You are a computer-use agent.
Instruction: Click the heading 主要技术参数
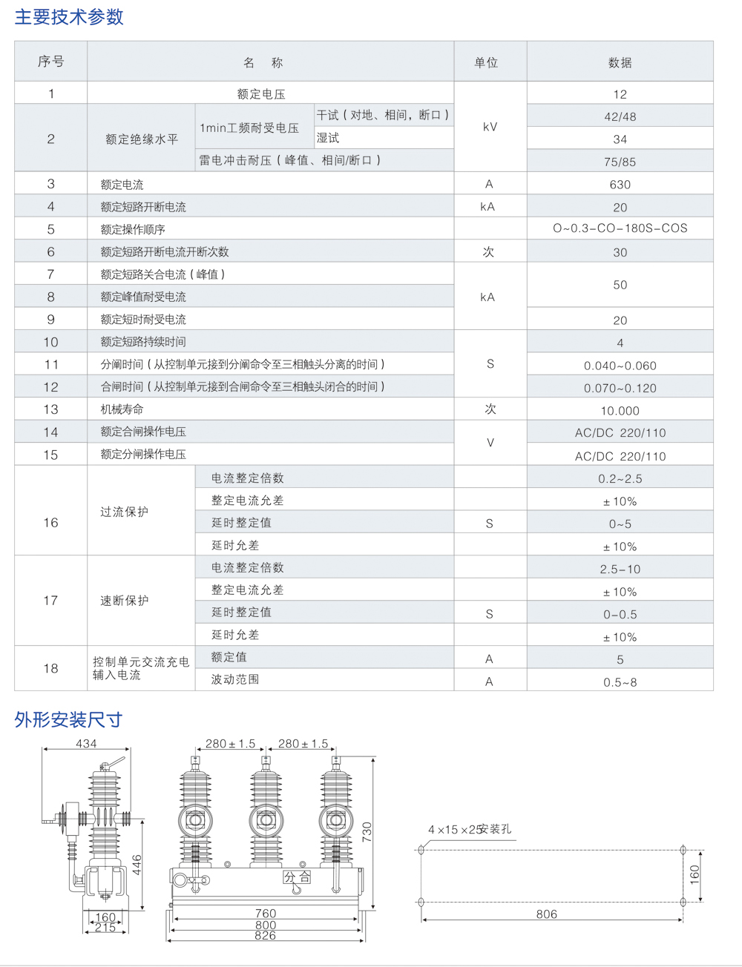pos(69,17)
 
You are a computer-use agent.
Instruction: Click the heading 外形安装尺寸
pos(68,719)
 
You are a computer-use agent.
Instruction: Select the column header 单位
pos(487,63)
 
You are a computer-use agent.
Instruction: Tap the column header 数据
pos(620,63)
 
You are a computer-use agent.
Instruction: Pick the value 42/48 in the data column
pos(620,116)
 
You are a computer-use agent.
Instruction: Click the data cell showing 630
pos(620,185)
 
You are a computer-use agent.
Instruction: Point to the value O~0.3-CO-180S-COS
pos(620,228)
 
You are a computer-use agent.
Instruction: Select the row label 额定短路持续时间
pos(143,342)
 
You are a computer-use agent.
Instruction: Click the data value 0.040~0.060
pos(620,366)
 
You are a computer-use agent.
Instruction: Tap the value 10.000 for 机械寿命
pos(620,411)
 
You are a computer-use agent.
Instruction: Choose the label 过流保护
pos(125,512)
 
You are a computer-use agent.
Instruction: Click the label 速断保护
pos(125,601)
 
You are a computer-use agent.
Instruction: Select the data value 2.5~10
pos(620,570)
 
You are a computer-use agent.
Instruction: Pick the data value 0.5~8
pos(620,682)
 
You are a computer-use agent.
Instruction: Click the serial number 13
pos(50,409)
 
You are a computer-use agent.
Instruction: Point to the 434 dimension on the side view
pos(86,743)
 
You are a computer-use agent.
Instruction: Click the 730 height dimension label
pos(367,831)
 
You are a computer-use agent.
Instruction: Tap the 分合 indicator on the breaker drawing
pos(297,877)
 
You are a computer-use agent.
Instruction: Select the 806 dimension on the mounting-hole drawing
pos(546,914)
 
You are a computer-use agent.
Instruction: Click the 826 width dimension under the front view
pos(265,936)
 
